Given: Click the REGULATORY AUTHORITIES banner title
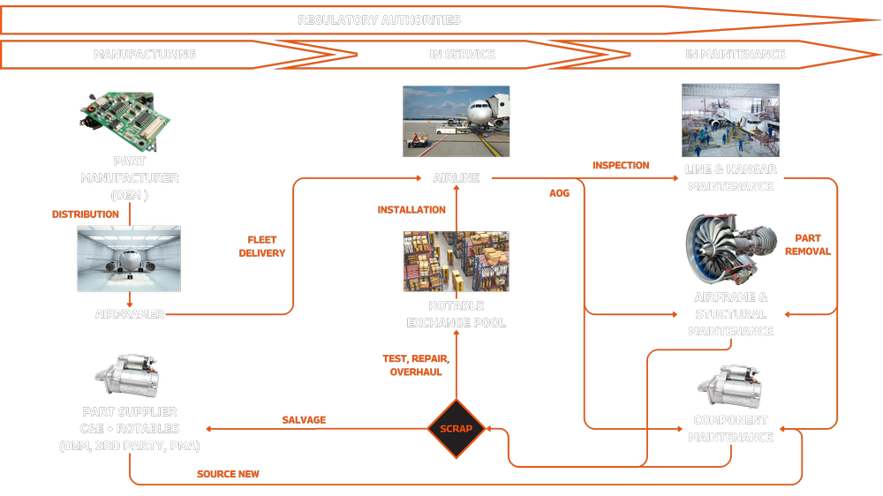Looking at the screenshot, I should [x=379, y=19].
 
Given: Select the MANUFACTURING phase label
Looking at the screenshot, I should [x=144, y=54].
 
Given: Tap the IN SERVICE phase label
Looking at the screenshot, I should [x=463, y=54].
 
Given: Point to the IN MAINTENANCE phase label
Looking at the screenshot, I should [x=736, y=54].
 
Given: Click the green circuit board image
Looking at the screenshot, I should [x=125, y=120].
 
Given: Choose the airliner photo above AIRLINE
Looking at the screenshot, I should [x=457, y=122].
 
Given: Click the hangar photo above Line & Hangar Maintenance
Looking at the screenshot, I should [x=730, y=121].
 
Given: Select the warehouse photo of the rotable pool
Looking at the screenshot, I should [x=457, y=261].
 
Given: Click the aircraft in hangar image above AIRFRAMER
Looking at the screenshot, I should [x=129, y=259].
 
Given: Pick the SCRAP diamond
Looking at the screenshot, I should [x=457, y=429].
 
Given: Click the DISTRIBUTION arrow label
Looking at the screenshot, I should [x=86, y=214].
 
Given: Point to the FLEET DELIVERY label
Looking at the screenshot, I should [x=262, y=246].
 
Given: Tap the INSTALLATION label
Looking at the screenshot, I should [x=411, y=210].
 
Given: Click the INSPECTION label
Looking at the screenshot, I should [x=621, y=165].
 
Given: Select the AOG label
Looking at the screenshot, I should [x=560, y=193].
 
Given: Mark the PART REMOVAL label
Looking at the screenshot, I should [x=808, y=244].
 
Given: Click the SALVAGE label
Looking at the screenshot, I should [x=304, y=420].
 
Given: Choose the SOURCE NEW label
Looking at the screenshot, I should [x=228, y=474].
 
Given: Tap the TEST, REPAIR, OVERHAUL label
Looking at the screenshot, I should [x=416, y=365].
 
